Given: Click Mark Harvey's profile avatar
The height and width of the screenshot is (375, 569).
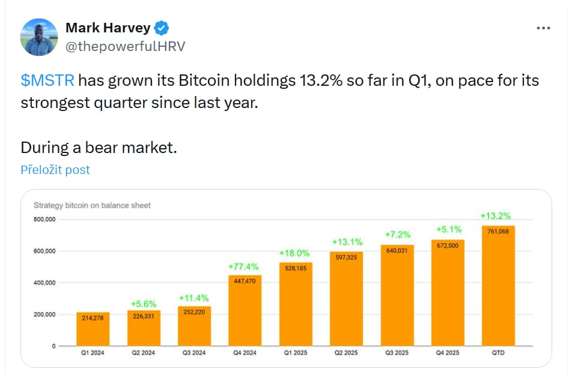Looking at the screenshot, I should coord(39,37).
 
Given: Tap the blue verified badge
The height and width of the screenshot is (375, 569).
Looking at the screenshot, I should coord(162,28).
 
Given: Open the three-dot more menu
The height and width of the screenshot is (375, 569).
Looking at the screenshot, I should coord(543,28).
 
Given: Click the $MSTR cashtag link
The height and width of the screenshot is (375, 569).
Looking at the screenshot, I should coord(48,80).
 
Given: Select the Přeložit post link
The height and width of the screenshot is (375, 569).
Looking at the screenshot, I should coord(55,170).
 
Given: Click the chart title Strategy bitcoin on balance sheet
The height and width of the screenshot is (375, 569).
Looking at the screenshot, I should coord(92,205).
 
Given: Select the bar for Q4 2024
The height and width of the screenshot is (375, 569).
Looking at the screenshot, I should coord(245,312).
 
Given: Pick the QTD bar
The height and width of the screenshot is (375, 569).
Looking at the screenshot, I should coord(498,288).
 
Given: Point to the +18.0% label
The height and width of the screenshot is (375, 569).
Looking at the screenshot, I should coord(295,254).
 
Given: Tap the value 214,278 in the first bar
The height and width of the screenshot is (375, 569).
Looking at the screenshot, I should coord(93,318).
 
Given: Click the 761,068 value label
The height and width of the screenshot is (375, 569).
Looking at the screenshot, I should coord(498,231).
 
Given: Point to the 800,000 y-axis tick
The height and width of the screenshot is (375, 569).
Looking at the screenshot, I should coord(44,220).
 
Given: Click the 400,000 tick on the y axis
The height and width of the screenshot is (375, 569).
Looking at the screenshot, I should coord(44,283).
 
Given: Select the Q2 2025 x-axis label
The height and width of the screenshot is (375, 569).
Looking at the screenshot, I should coord(346,353).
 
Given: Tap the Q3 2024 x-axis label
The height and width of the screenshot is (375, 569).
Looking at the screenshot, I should coord(193,353).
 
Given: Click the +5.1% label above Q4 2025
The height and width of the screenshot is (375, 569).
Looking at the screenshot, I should coord(448,229).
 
